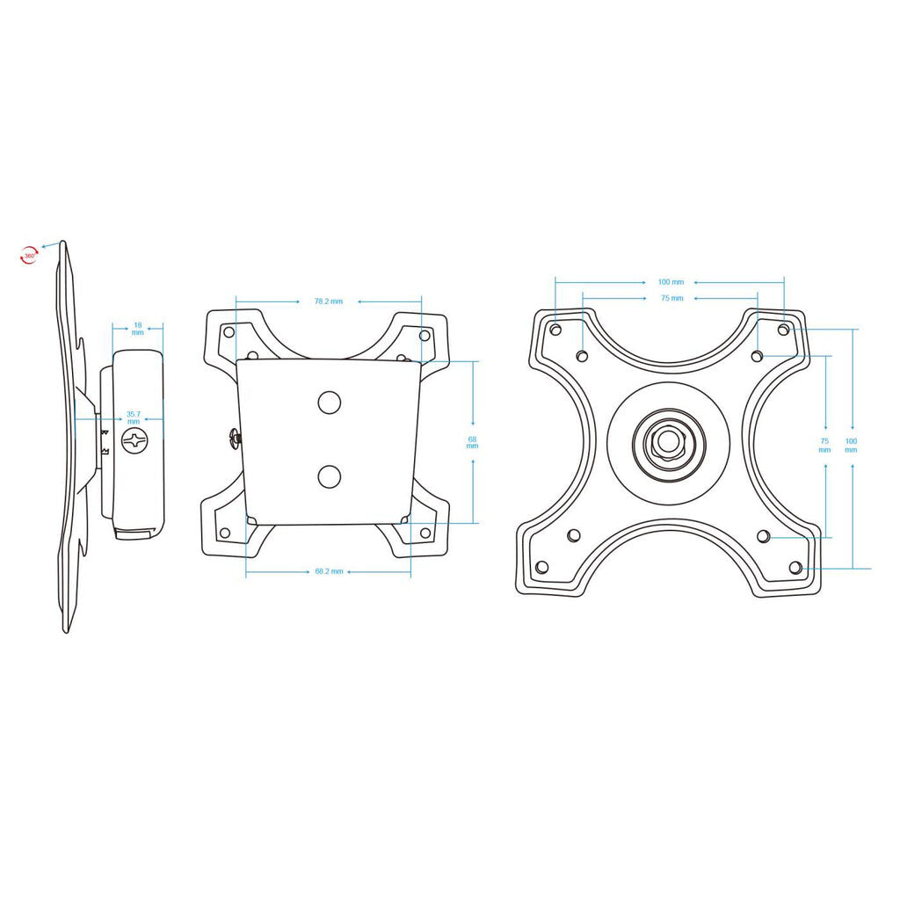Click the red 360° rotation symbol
(x=30, y=255)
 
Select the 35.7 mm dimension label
(x=133, y=417)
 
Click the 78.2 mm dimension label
(x=329, y=301)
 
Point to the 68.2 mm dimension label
(x=329, y=571)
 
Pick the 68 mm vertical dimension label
(x=473, y=442)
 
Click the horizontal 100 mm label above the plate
(x=671, y=282)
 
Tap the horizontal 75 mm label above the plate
(x=671, y=299)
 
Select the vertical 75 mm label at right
(x=824, y=445)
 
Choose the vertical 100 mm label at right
(x=851, y=445)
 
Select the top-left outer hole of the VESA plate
(x=555, y=330)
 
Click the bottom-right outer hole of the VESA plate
(x=795, y=567)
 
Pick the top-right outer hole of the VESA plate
(x=784, y=330)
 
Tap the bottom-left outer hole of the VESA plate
(x=541, y=567)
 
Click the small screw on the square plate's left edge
(x=235, y=437)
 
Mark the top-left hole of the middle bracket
(x=229, y=333)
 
